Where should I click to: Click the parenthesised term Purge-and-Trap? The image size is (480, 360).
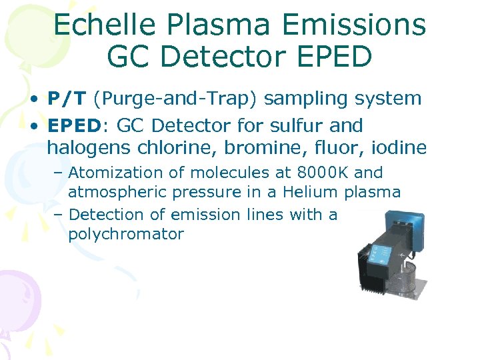175,99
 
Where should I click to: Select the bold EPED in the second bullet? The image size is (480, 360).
73,125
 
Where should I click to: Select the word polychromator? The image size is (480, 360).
126,234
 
